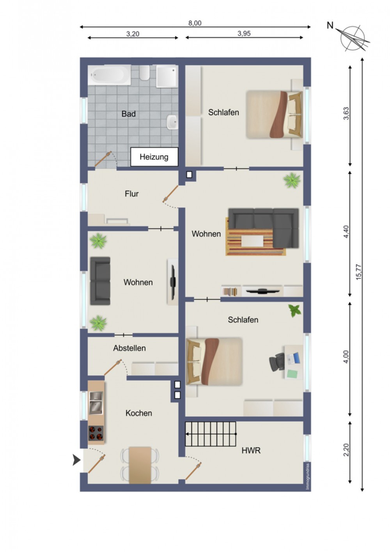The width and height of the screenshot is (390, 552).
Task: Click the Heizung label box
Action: pos(154,157)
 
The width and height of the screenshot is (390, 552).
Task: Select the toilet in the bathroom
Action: pos(145,73)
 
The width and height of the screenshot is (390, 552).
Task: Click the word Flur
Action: pos(131,194)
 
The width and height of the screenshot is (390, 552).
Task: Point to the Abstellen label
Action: pos(129,348)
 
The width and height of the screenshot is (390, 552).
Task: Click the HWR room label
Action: pos(251,451)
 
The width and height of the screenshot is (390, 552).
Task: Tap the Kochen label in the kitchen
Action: pos(138,413)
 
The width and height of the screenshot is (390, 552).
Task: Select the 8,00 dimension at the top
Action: pos(195,23)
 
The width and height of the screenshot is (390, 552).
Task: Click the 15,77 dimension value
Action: pos(359,272)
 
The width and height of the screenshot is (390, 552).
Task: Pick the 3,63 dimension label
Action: pos(346,113)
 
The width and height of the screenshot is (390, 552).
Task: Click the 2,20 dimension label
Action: pos(346,450)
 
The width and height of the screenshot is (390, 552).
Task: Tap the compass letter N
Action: pos(330,25)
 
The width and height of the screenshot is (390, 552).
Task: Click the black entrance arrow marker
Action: pos(76,460)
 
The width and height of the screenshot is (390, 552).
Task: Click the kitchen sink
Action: pos(96,403)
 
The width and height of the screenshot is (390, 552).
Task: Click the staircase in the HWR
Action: pos(211,434)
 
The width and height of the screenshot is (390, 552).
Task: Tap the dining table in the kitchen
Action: pos(140,465)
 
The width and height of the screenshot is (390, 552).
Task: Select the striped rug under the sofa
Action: pos(255,237)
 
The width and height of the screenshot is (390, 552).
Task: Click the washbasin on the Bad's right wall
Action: pos(172,122)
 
